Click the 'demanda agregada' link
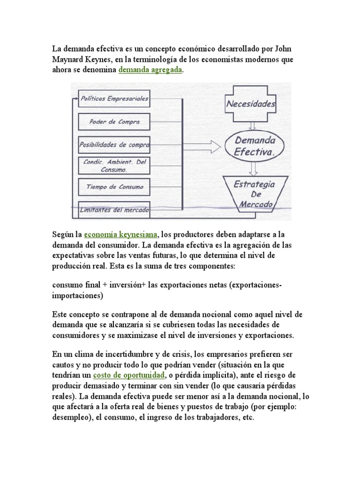[x=150, y=70]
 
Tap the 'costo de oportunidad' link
[x=129, y=376]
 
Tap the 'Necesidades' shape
[x=251, y=104]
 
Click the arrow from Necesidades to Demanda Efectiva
[x=253, y=125]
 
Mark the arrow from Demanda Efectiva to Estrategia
[x=253, y=168]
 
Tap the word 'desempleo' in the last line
[x=71, y=417]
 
